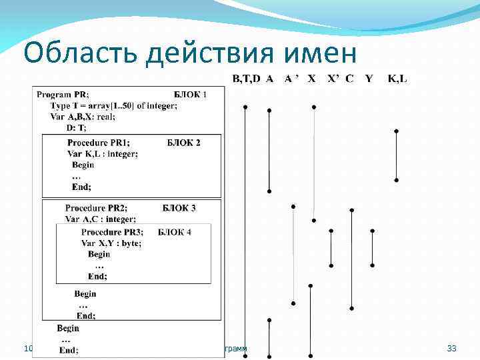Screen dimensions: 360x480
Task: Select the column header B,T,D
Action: click(x=246, y=79)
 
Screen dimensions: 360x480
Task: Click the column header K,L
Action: click(x=397, y=79)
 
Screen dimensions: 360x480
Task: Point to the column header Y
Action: click(x=369, y=79)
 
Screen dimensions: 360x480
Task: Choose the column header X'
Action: click(x=333, y=79)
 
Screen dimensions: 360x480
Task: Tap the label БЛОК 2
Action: click(x=183, y=143)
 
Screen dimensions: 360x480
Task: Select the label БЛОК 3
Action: click(x=179, y=208)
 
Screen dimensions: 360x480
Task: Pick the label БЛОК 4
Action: click(x=175, y=233)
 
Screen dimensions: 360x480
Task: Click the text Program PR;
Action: click(x=63, y=95)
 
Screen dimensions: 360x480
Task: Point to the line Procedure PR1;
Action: click(x=99, y=143)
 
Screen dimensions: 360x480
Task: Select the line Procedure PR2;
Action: click(x=96, y=208)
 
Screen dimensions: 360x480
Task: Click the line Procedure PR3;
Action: click(x=112, y=233)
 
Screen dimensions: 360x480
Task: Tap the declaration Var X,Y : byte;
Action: click(x=111, y=243)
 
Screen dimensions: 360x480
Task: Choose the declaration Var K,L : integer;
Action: click(x=103, y=154)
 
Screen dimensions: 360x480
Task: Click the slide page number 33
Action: click(x=451, y=349)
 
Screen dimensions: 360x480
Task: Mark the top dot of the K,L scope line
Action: click(x=397, y=131)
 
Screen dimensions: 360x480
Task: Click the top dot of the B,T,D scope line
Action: click(x=245, y=107)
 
